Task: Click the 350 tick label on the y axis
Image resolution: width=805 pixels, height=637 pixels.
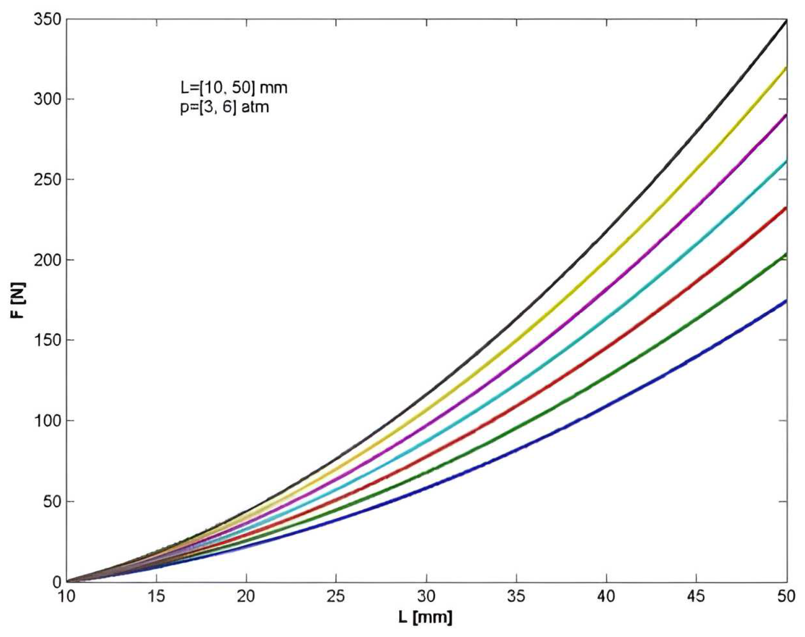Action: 48,20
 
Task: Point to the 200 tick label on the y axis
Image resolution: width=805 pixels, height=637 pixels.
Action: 48,260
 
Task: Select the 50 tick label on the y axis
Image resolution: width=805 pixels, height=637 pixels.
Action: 53,501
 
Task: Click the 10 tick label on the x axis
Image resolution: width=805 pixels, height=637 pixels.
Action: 66,596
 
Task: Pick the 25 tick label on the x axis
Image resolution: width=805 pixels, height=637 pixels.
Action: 336,596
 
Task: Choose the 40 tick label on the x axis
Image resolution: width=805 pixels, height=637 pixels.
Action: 606,596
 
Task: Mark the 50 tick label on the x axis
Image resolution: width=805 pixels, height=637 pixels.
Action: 786,596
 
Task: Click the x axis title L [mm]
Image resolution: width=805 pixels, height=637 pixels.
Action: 426,618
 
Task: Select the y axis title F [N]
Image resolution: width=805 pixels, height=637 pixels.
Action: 19,301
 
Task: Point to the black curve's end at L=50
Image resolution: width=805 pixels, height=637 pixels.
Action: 786,20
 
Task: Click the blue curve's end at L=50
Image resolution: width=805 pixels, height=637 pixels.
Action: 786,301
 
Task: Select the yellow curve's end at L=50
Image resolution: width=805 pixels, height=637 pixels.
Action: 786,68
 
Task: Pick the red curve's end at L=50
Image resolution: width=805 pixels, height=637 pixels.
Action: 786,208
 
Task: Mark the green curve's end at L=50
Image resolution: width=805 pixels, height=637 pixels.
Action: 786,255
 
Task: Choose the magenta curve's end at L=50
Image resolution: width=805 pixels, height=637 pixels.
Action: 786,115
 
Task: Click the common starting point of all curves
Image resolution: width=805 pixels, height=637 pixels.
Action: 67,581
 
